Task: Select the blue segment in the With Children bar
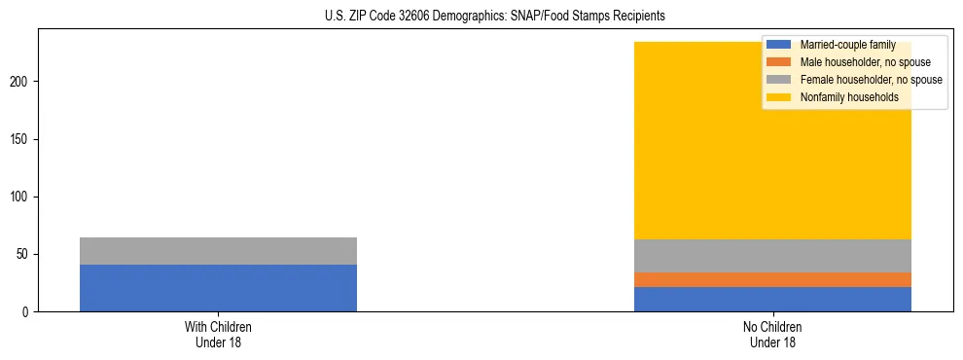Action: click(218, 288)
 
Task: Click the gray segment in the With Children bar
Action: click(218, 251)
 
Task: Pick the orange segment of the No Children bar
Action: click(772, 279)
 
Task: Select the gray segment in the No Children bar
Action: click(772, 256)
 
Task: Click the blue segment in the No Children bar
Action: click(772, 300)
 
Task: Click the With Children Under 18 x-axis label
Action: click(218, 335)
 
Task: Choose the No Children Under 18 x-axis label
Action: click(772, 335)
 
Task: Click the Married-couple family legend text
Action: click(847, 45)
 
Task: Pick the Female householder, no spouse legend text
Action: click(871, 80)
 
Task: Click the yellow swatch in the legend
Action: click(779, 97)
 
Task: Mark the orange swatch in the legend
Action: click(779, 62)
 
